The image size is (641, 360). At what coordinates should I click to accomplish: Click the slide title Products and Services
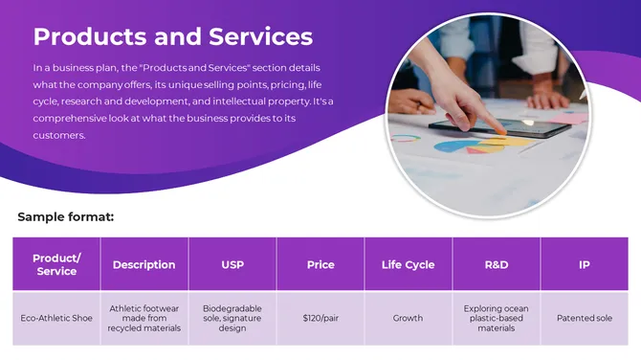pos(172,36)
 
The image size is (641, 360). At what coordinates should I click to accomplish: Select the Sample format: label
pos(65,217)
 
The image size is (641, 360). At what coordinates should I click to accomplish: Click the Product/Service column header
pos(56,264)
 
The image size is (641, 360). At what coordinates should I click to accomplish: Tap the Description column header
pos(144,264)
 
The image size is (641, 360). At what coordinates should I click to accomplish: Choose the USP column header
pos(232,264)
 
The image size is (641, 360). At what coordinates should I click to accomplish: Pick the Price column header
pos(320,264)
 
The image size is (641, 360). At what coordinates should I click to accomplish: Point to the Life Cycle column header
pos(408,264)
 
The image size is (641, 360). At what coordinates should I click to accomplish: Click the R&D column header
pos(496,264)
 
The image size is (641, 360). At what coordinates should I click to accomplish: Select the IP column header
pos(584,264)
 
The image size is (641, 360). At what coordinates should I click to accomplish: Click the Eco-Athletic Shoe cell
pos(56,318)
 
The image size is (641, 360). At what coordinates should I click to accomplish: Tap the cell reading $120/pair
pos(320,318)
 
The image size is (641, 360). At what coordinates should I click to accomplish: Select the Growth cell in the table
pos(408,318)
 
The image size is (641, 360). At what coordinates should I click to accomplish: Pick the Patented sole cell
pos(584,318)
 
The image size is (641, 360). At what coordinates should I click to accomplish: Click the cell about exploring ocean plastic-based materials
pos(496,318)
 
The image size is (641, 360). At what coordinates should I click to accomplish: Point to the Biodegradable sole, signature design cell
pos(232,318)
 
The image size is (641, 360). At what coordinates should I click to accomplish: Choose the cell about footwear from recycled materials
pos(144,318)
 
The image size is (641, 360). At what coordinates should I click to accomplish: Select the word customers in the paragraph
pos(59,135)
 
